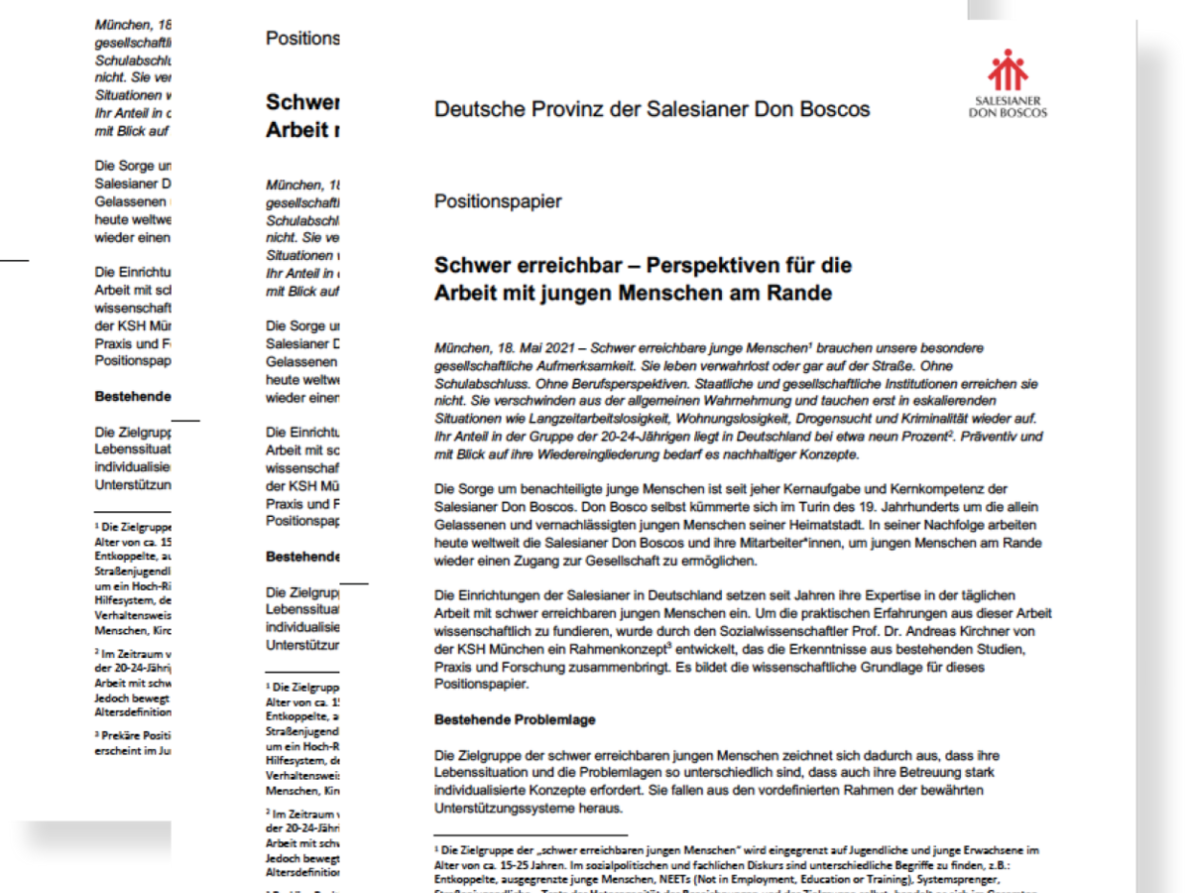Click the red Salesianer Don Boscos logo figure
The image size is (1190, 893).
coord(1007,70)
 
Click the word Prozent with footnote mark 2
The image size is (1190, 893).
coord(925,437)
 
